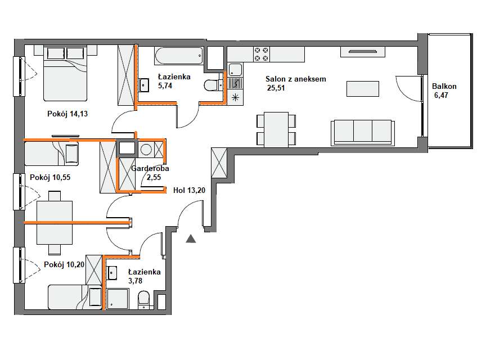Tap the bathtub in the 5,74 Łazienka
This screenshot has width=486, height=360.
click(179, 56)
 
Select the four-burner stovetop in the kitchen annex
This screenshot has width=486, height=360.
click(262, 54)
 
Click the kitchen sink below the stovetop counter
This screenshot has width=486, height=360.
click(235, 70)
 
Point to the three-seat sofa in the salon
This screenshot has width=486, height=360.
click(363, 133)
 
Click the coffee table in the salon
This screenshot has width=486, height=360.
click(363, 89)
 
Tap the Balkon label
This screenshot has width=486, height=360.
click(444, 86)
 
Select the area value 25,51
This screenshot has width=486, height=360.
click(276, 88)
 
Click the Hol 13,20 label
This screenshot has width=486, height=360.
click(189, 190)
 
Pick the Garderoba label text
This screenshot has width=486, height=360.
click(150, 168)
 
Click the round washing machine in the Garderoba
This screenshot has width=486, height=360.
click(146, 150)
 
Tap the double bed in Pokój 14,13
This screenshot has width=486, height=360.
click(65, 73)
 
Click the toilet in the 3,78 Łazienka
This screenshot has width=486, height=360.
click(143, 300)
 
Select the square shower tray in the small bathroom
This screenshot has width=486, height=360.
click(118, 299)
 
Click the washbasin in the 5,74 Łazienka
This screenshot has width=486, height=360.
click(144, 84)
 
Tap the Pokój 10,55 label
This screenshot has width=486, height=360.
click(50, 177)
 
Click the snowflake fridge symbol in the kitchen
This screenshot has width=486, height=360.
click(236, 98)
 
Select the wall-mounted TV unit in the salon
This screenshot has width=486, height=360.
click(363, 52)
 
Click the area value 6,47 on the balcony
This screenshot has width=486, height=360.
click(441, 95)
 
